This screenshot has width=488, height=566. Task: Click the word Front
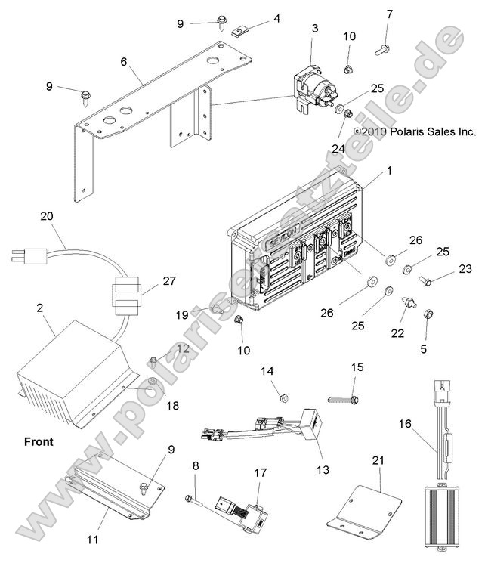[39, 441]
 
